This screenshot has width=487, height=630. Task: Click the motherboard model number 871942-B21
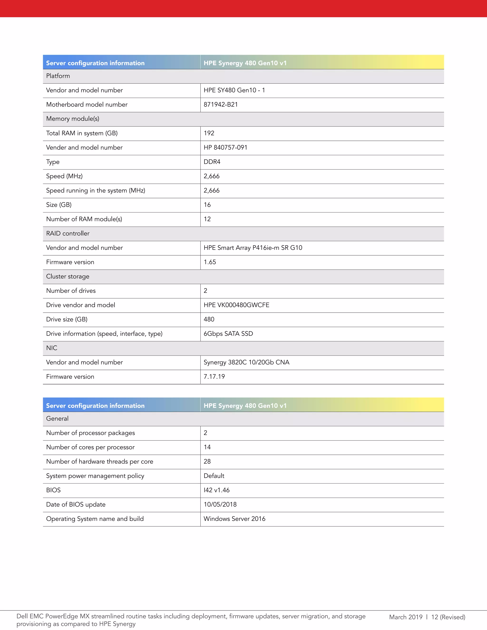221,104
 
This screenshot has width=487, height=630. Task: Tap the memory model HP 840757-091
225,147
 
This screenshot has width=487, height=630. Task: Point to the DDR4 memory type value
212,162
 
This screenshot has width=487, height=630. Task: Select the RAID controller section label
68,233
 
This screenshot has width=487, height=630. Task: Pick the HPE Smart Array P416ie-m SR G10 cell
253,248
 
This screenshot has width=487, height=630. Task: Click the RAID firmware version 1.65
210,262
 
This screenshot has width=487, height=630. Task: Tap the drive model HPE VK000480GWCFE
236,305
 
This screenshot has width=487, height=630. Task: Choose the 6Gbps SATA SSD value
228,334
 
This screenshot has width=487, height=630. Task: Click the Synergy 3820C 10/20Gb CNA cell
246,362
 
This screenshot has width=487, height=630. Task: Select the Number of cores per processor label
90,447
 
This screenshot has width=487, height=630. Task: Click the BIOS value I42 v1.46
216,490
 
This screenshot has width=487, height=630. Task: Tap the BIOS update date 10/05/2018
220,504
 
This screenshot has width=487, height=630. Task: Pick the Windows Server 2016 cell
234,519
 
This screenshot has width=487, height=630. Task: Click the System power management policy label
95,476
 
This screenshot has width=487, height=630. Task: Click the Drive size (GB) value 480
209,319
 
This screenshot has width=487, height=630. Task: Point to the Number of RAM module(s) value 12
207,219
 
